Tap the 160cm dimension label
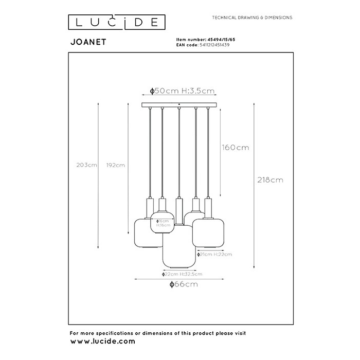235,148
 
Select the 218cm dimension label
270,180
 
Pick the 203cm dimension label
86,165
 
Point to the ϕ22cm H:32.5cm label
178,274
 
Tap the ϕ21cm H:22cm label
214,255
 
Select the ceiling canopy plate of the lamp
179,105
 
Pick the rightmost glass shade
208,231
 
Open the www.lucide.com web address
102,341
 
